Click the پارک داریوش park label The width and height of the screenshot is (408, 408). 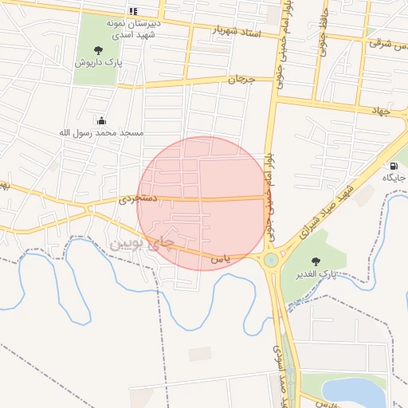[99, 62]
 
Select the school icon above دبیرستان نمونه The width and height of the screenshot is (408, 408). [133, 11]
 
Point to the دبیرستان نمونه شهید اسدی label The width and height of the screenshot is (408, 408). [135, 28]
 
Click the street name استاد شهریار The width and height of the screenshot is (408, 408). [237, 31]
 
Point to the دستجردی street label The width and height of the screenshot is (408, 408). [139, 197]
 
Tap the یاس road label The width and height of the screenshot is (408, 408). [221, 260]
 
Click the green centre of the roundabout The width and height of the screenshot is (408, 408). [271, 259]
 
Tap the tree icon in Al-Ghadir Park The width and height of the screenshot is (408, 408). [316, 261]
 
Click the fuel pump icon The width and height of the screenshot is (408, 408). [394, 166]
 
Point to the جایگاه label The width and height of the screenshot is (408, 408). [394, 178]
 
